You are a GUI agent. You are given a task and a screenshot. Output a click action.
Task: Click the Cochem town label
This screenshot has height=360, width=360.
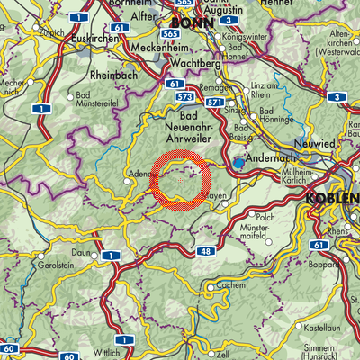tap(232, 283)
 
